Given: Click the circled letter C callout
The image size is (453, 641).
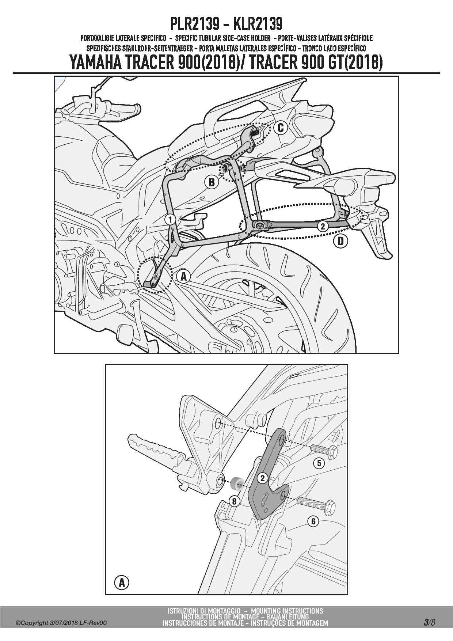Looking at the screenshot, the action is [x=281, y=128].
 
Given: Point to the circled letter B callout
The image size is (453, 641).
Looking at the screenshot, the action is [x=212, y=182].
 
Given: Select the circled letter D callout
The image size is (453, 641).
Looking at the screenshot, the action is [x=340, y=241].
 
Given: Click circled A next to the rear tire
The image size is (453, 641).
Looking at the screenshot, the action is [x=183, y=276].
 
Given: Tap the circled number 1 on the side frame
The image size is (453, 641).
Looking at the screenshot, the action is [x=170, y=219].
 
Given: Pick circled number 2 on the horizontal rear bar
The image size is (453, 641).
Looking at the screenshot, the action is [x=322, y=226].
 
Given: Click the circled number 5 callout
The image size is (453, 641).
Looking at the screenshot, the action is [x=319, y=463].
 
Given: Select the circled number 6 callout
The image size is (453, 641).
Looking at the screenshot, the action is [x=313, y=521].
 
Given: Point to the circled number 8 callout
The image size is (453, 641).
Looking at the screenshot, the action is [x=234, y=501].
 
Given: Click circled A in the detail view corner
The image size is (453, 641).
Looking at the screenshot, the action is [x=122, y=583].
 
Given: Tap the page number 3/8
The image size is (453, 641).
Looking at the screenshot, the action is [x=429, y=622].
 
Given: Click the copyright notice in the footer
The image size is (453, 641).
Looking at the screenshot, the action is [x=61, y=623].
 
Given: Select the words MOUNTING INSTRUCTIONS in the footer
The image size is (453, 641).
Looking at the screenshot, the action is [x=287, y=611].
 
